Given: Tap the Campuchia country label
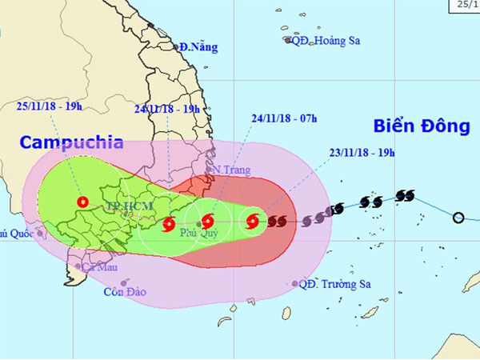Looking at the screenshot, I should point(71,143).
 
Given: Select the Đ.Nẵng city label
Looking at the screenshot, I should point(198,47).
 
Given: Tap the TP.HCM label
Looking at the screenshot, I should point(121,206).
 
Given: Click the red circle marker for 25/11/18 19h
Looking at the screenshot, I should point(81,202).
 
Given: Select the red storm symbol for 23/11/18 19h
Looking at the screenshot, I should point(253,221).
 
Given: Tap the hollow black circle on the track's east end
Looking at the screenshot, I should point(458,218).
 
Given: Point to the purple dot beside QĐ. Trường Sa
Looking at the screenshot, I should point(295,283).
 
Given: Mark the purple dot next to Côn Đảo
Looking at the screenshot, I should point(124,282).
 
